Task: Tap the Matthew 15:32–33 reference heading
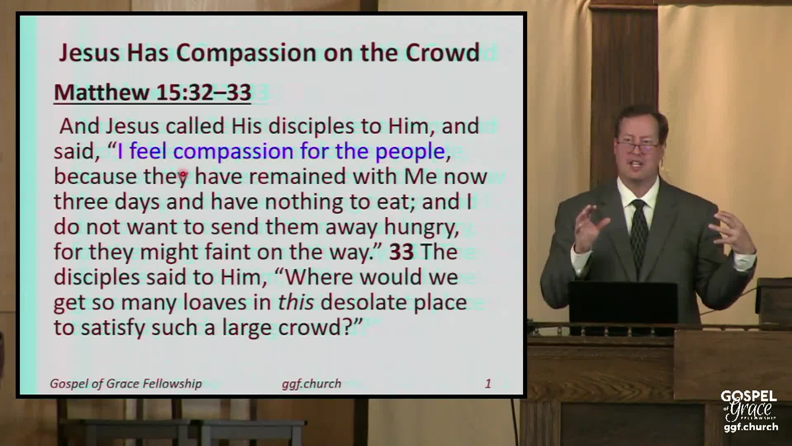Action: pyautogui.click(x=153, y=92)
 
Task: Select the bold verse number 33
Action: pyautogui.click(x=401, y=252)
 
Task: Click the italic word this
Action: pyautogui.click(x=296, y=302)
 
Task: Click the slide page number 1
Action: pyautogui.click(x=488, y=384)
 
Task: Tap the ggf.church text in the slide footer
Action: pyautogui.click(x=311, y=384)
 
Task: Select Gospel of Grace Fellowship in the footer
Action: pyautogui.click(x=126, y=384)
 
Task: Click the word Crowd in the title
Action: pyautogui.click(x=443, y=53)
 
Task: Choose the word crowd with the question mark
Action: pyautogui.click(x=313, y=328)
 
